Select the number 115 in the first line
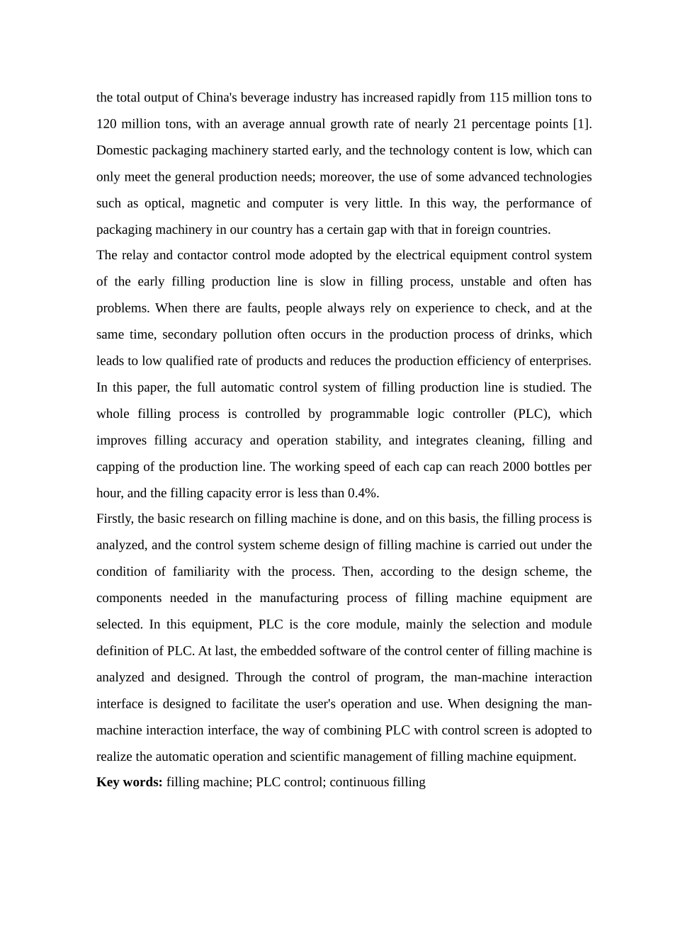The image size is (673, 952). pos(500,98)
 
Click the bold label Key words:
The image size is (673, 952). pos(130,782)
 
